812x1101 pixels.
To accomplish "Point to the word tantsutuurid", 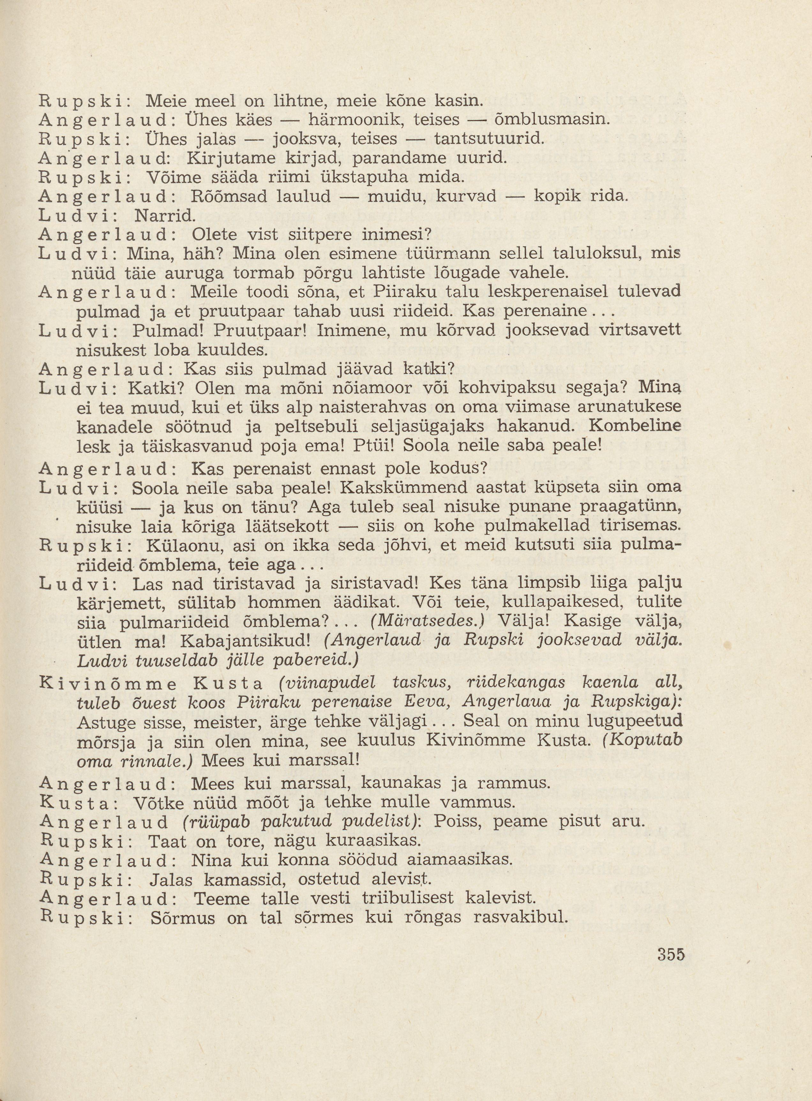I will (489, 139).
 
